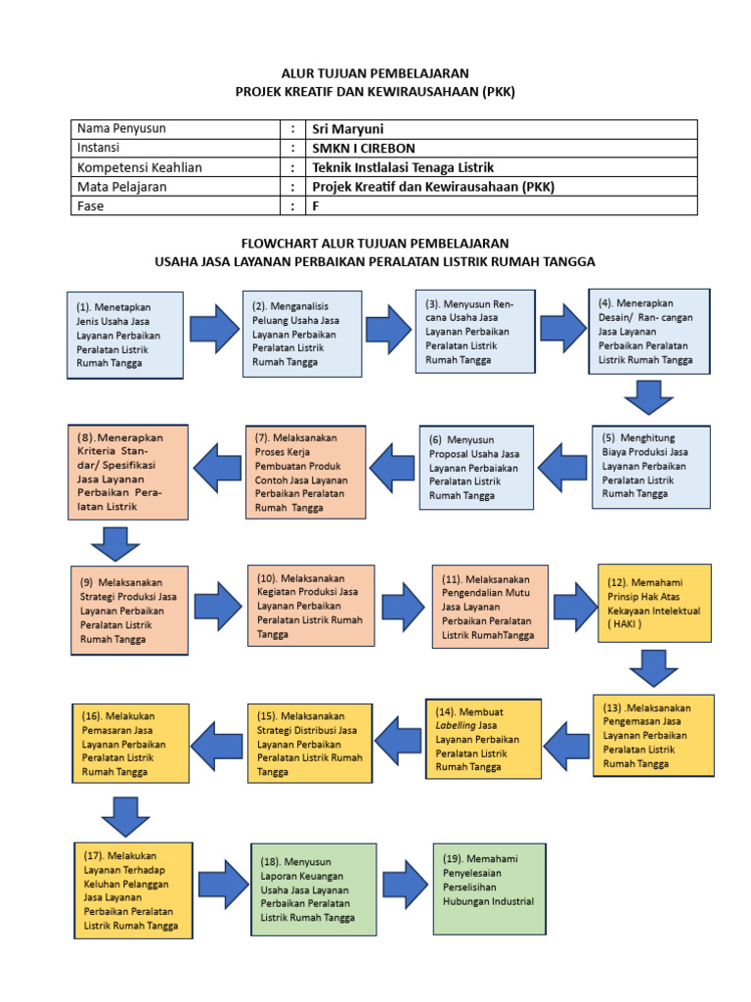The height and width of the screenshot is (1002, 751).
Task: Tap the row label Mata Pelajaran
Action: (x=122, y=186)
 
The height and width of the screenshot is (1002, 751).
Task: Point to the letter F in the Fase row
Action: (x=316, y=205)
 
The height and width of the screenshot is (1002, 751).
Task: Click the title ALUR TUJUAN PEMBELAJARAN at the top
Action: (x=375, y=73)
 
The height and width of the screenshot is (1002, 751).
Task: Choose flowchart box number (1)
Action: (x=124, y=334)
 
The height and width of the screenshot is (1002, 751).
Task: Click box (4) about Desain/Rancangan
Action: (x=648, y=331)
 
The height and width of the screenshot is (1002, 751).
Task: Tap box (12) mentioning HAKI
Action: (x=654, y=603)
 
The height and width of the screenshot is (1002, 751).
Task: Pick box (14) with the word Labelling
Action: (x=483, y=739)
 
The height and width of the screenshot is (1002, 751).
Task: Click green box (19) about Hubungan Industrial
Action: (x=489, y=888)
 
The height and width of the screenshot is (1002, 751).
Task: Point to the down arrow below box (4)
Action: (x=647, y=397)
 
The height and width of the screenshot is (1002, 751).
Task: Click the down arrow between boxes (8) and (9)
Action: (x=115, y=543)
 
